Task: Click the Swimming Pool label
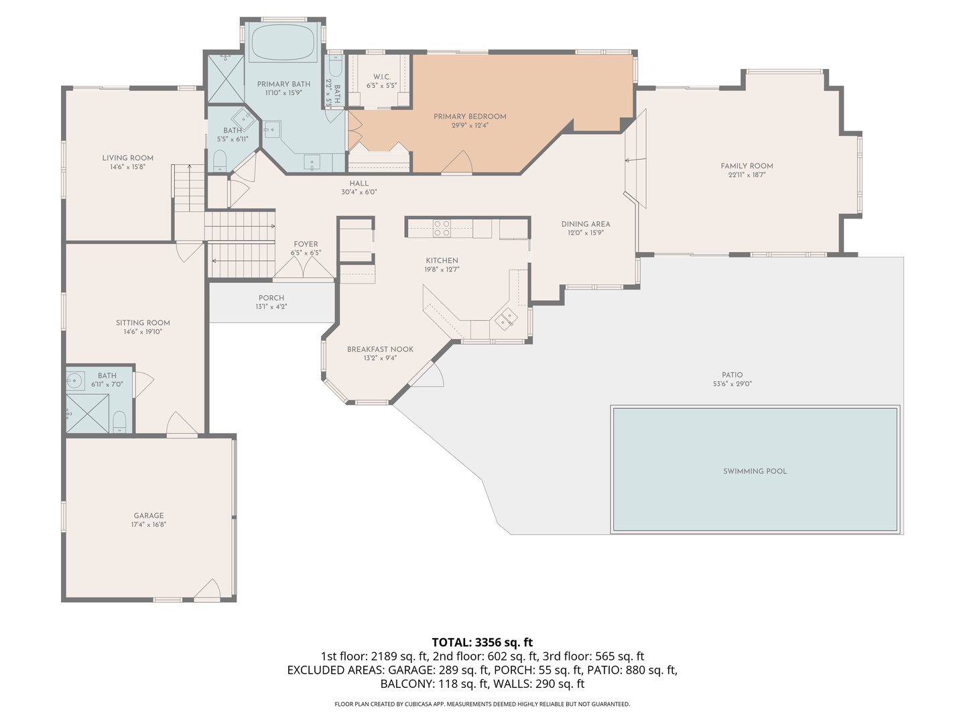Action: coord(755,471)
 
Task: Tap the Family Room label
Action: coord(747,166)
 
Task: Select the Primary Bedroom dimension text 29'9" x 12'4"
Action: coord(469,125)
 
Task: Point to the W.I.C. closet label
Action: coord(381,77)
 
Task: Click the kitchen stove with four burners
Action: coord(442,229)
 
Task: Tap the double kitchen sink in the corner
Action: coord(506,318)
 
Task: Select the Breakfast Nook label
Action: coord(380,349)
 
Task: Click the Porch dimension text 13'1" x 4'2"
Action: coord(271,307)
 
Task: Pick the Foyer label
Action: coord(306,245)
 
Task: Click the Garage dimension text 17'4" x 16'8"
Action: coord(149,525)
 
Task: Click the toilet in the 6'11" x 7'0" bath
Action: coord(119,422)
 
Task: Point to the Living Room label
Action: coord(127,158)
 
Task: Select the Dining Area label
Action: coord(586,225)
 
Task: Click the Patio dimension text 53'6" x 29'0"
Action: coord(732,384)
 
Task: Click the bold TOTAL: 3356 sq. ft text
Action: coord(482,642)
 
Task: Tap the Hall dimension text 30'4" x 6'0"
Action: coord(359,192)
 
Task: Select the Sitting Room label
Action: coord(143,322)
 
